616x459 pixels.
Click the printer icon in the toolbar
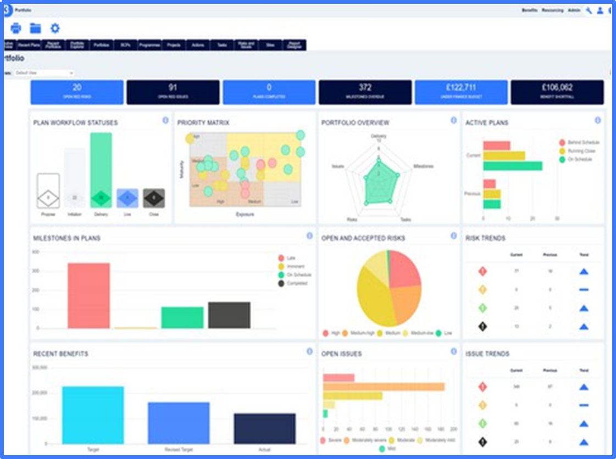(x=16, y=29)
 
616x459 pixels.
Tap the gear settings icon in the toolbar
(x=55, y=29)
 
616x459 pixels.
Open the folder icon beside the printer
(x=36, y=29)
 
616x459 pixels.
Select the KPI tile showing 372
(x=365, y=92)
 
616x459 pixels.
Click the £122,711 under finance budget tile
(x=460, y=92)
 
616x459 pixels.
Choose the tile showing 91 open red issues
(x=173, y=92)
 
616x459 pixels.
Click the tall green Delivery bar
(x=101, y=170)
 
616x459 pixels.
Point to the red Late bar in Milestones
(x=88, y=295)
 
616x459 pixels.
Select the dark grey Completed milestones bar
(x=229, y=315)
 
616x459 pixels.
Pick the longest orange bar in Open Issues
(x=384, y=387)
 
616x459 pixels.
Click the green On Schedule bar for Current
(x=512, y=166)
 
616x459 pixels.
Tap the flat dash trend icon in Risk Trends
(x=584, y=289)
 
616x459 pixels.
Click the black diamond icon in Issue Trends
(x=482, y=442)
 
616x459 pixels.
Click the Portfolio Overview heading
(x=355, y=122)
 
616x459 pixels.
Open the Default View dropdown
(x=44, y=72)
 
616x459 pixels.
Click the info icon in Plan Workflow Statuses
(x=165, y=120)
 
